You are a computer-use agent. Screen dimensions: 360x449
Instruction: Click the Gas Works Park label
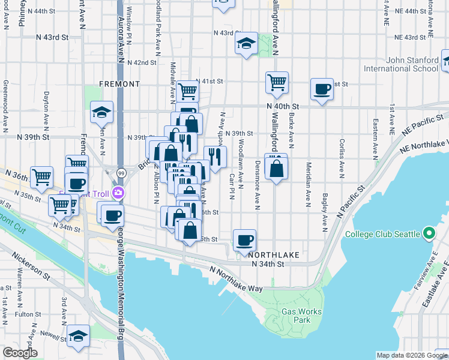click(x=302, y=316)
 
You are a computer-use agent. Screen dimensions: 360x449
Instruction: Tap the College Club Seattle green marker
click(x=429, y=233)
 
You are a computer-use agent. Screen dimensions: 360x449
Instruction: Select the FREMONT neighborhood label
click(x=119, y=84)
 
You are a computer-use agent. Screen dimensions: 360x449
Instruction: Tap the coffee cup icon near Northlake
click(x=244, y=241)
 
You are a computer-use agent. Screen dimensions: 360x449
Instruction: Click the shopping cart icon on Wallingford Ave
click(x=277, y=82)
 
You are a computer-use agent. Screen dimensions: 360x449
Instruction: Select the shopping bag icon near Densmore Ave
click(x=276, y=167)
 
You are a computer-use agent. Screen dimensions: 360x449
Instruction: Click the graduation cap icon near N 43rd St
click(x=246, y=43)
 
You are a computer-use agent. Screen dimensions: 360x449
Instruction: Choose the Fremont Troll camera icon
click(x=119, y=192)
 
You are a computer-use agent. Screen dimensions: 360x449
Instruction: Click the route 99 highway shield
click(x=121, y=173)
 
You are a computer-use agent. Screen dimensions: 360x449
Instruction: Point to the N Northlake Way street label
click(x=237, y=280)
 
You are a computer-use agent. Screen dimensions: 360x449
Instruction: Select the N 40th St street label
click(x=283, y=106)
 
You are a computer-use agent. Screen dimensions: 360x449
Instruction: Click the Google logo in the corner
click(x=20, y=353)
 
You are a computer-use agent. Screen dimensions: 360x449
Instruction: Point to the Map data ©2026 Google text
click(x=411, y=355)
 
